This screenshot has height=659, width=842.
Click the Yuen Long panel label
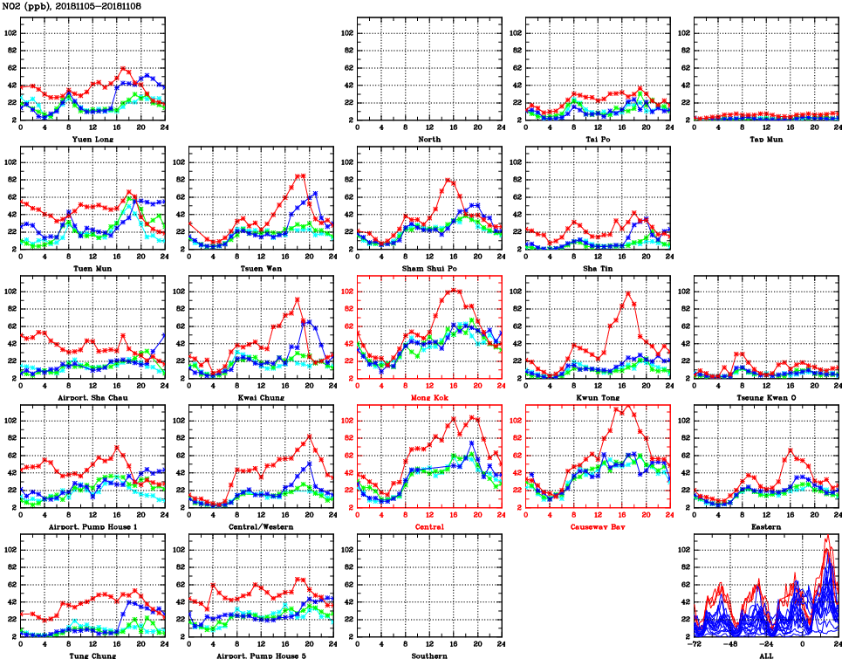(x=90, y=139)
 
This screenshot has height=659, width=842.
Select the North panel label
(x=429, y=139)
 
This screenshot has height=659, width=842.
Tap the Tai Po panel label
(x=599, y=139)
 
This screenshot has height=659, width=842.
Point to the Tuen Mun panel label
(x=90, y=268)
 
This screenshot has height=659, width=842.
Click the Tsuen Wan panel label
(x=260, y=268)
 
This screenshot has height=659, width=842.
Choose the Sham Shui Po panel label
(x=429, y=268)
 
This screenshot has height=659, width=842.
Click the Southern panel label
(x=429, y=655)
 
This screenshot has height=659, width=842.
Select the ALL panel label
(x=768, y=655)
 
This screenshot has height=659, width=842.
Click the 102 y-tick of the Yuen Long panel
(x=11, y=32)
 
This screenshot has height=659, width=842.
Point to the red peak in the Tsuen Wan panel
(x=301, y=176)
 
